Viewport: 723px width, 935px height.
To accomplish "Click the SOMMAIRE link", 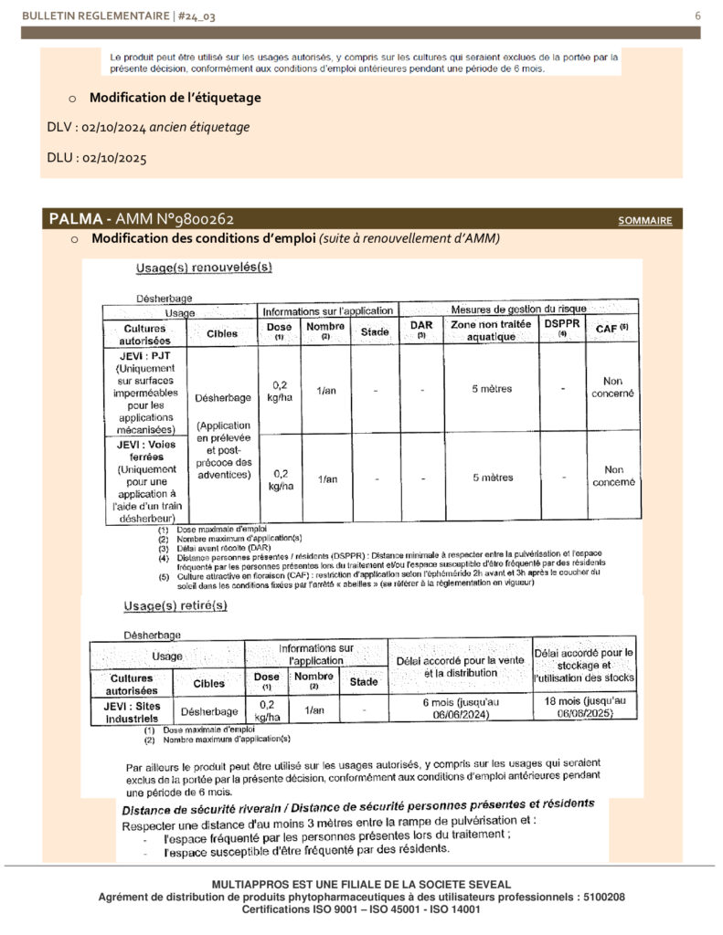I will (645, 221).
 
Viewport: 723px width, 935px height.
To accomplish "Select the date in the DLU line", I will (114, 158).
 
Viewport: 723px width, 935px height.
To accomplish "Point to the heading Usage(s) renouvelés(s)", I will (204, 268).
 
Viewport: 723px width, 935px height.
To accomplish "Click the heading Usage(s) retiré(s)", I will (175, 605).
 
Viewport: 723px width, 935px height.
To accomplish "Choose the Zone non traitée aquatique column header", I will (492, 331).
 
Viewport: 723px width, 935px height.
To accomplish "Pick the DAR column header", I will (421, 330).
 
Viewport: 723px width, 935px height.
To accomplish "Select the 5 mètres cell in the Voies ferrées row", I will (492, 478).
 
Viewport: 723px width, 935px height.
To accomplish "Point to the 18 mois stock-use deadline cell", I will (584, 708).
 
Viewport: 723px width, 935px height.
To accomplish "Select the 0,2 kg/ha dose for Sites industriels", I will (267, 710).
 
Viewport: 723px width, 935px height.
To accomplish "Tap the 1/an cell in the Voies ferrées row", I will (326, 478).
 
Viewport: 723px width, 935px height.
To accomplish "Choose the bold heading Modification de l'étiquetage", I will (175, 98).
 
